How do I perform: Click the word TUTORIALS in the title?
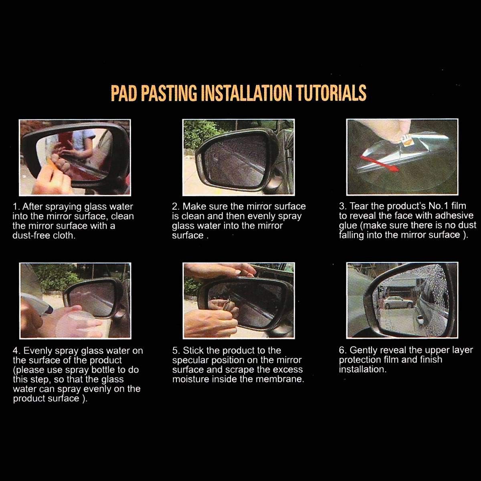click(332, 93)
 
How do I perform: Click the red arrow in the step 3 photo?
click(379, 164)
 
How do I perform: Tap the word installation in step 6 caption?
click(363, 369)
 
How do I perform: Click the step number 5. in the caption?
click(176, 351)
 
